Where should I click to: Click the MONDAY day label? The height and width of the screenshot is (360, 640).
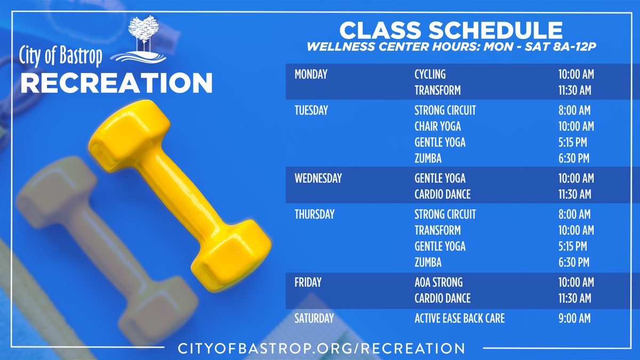tap(311, 75)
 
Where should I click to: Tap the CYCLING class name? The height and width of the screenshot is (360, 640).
tap(430, 75)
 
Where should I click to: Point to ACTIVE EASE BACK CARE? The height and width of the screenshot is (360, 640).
tap(459, 319)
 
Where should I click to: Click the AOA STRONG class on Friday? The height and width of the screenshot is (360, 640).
tap(438, 282)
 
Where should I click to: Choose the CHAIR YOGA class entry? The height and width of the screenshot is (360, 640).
tap(437, 127)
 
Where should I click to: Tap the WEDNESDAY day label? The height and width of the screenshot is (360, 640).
tap(318, 179)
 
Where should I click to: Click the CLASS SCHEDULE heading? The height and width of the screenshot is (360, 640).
tap(451, 30)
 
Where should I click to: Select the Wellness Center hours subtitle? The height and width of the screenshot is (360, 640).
tap(451, 47)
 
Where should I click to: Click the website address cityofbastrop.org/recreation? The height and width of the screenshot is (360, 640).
tap(321, 348)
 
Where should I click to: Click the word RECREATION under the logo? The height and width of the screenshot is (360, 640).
tap(116, 83)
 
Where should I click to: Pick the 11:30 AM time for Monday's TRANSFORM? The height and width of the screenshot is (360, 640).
tap(574, 91)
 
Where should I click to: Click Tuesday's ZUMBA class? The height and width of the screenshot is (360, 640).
tap(428, 158)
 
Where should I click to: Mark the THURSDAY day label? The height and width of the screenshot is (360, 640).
tap(314, 214)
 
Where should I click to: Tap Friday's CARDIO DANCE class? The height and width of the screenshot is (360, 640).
tap(442, 298)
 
